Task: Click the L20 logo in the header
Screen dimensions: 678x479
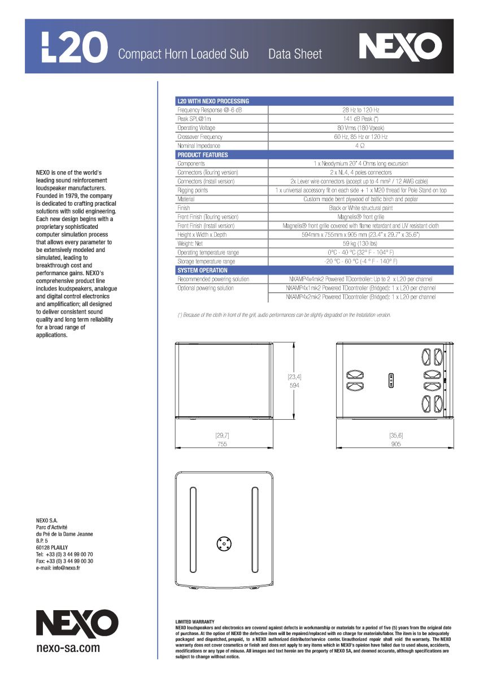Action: [75, 47]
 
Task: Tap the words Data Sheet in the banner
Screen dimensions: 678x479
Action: [295, 54]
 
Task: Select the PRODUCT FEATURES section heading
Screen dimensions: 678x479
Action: [203, 155]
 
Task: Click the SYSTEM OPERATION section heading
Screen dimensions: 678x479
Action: [203, 271]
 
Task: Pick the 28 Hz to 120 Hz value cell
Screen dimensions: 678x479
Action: [360, 110]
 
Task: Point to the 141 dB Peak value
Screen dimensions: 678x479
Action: [360, 119]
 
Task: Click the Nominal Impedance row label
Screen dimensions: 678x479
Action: [199, 146]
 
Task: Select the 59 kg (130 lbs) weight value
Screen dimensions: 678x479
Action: [360, 244]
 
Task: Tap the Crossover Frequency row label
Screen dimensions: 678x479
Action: [200, 137]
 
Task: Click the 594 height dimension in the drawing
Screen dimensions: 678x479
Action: [294, 385]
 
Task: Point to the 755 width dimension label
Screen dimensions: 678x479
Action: [222, 444]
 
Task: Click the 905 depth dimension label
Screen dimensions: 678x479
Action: [395, 444]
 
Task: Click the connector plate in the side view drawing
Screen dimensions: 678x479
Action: [390, 380]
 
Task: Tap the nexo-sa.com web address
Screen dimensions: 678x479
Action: [68, 648]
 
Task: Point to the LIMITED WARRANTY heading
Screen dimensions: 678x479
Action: [195, 621]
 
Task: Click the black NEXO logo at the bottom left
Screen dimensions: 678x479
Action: [77, 624]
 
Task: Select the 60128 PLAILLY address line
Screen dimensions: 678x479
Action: [52, 547]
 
